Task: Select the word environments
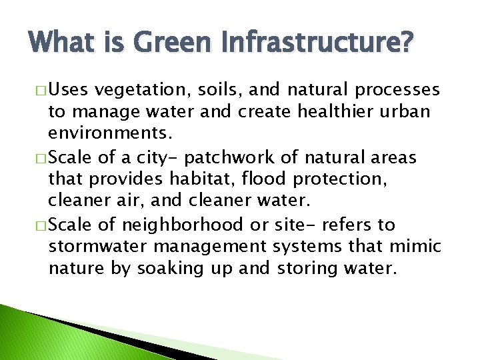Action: tap(110, 134)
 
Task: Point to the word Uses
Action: tap(69, 90)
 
